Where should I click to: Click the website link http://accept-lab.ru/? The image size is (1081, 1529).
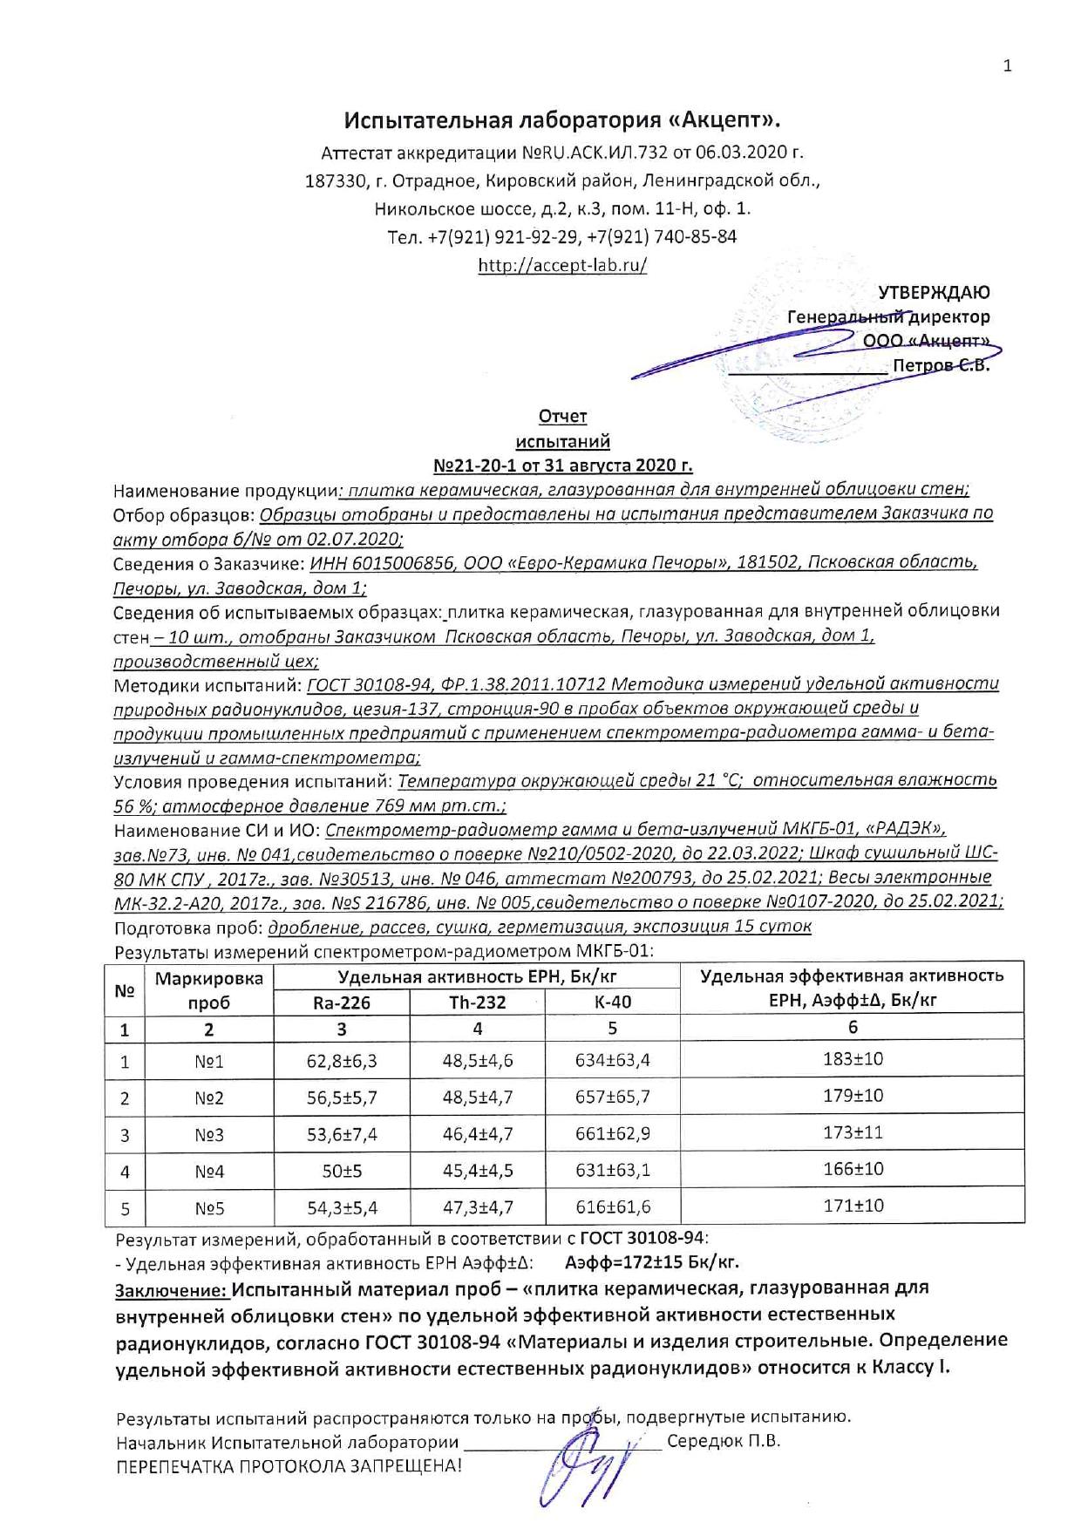click(x=562, y=266)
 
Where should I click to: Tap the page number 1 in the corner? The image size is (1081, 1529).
click(x=1008, y=66)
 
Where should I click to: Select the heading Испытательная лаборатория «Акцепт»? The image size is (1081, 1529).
click(x=562, y=119)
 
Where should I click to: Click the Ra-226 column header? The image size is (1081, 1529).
click(x=342, y=1002)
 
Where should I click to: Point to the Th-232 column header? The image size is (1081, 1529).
click(x=478, y=1002)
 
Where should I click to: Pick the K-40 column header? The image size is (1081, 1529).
click(x=613, y=1002)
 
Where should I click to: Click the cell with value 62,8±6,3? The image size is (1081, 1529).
click(x=342, y=1061)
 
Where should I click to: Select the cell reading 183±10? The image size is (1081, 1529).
click(x=853, y=1059)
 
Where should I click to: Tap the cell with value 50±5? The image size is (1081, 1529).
click(x=342, y=1172)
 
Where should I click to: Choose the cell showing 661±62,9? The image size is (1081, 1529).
click(x=613, y=1134)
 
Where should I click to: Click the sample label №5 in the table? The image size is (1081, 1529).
click(x=209, y=1209)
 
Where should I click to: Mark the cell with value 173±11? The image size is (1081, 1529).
click(x=853, y=1132)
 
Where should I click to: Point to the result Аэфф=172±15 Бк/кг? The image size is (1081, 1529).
click(x=652, y=1261)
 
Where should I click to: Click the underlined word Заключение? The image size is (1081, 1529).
click(x=172, y=1288)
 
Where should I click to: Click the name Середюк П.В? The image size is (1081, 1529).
click(x=724, y=1441)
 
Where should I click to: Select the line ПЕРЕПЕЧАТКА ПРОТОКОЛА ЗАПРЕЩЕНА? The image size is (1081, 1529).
click(x=289, y=1465)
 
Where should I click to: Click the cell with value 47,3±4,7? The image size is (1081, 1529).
click(x=478, y=1207)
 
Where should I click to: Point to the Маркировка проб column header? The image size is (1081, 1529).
click(x=209, y=990)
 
